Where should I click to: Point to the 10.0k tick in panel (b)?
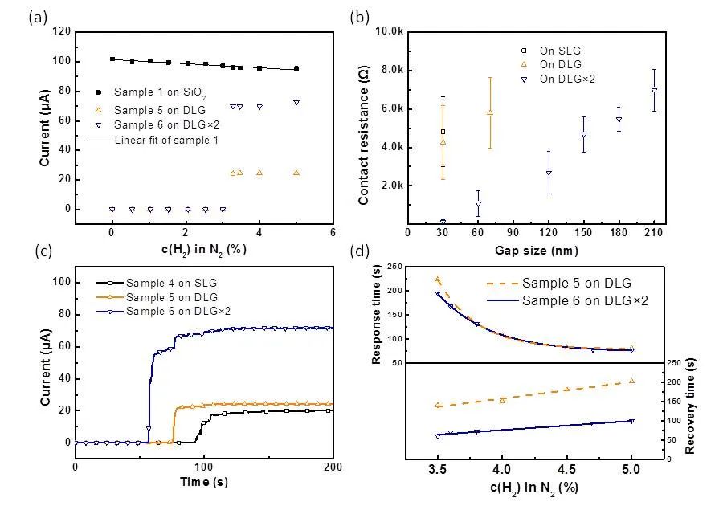click(387, 31)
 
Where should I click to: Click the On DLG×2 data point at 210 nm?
click(654, 91)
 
